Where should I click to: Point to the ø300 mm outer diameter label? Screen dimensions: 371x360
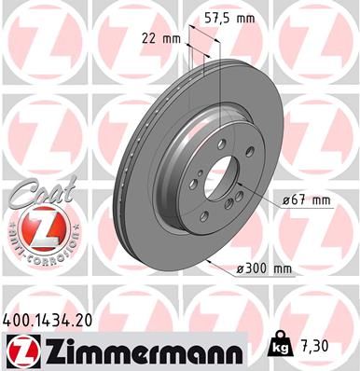point(265,268)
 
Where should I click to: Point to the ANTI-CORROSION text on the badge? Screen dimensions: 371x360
point(36,246)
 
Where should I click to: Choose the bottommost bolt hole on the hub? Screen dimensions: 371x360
point(204,216)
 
